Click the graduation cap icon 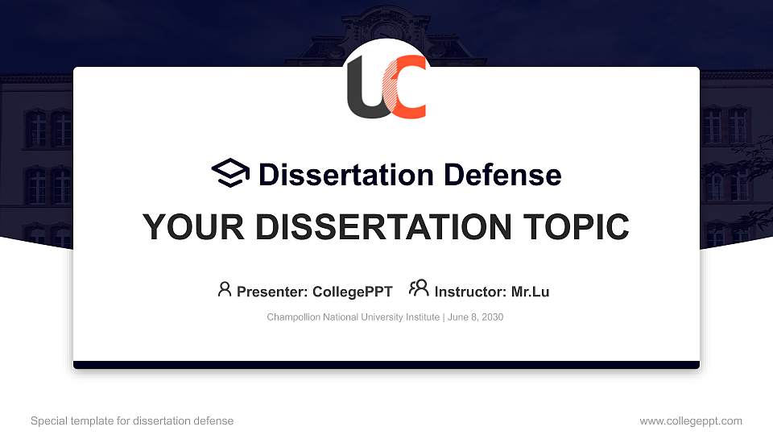(x=230, y=172)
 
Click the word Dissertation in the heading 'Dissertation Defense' (x=346, y=175)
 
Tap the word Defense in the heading (x=502, y=175)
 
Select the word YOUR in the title (x=193, y=227)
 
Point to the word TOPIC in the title (x=576, y=227)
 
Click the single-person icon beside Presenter (x=225, y=289)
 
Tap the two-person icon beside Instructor (x=419, y=288)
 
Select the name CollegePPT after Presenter (x=353, y=292)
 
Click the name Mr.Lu (x=530, y=292)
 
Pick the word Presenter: (x=272, y=292)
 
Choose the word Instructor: (x=470, y=292)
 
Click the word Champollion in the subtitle (x=293, y=317)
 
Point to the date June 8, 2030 (x=475, y=317)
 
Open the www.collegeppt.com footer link (x=691, y=420)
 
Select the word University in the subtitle (x=382, y=317)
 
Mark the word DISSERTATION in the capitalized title (x=383, y=227)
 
